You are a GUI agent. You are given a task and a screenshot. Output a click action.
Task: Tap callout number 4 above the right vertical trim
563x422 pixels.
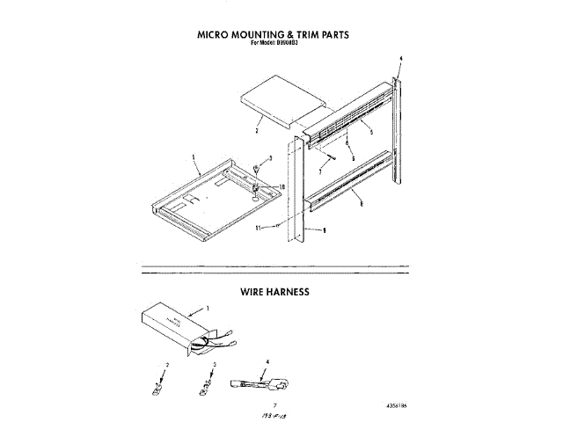(x=399, y=58)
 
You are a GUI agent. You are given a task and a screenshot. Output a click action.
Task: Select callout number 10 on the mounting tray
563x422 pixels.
(x=281, y=186)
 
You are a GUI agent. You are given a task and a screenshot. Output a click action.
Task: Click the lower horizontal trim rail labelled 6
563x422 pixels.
(x=352, y=185)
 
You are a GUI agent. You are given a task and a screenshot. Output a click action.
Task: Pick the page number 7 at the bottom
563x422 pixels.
(x=251, y=401)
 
